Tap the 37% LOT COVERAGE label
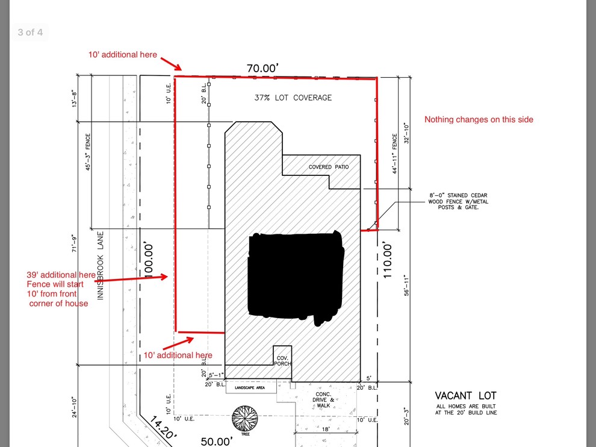click(293, 98)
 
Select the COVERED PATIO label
click(328, 167)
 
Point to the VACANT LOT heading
click(465, 396)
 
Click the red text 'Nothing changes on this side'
click(479, 119)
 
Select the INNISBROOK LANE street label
click(101, 265)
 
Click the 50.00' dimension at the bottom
click(217, 441)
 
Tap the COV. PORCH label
click(282, 360)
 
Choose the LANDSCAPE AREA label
click(250, 387)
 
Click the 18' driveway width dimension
click(325, 429)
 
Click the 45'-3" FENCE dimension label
click(88, 152)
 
